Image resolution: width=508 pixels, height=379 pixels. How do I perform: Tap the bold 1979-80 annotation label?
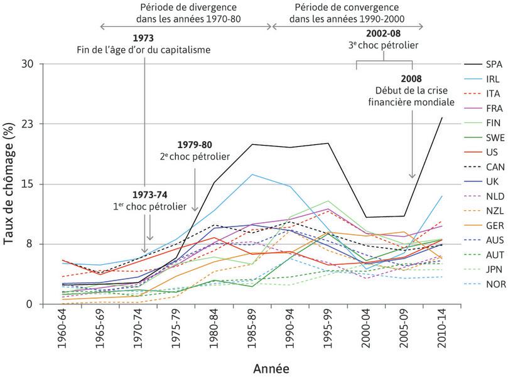[195, 145]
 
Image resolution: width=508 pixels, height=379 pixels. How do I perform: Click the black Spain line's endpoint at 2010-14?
[441, 117]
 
